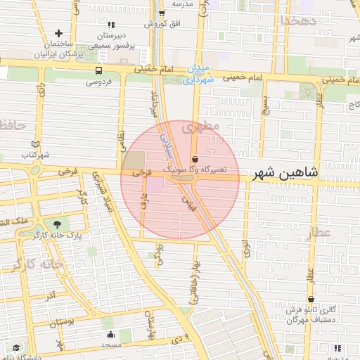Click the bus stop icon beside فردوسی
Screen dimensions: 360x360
[98, 70]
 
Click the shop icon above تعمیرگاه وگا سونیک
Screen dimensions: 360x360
[195, 158]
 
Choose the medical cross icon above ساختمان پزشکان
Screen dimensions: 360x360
[58, 33]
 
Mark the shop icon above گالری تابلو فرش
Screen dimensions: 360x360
[310, 299]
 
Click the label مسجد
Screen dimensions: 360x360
[110, 345]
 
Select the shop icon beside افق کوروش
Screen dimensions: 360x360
[162, 13]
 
